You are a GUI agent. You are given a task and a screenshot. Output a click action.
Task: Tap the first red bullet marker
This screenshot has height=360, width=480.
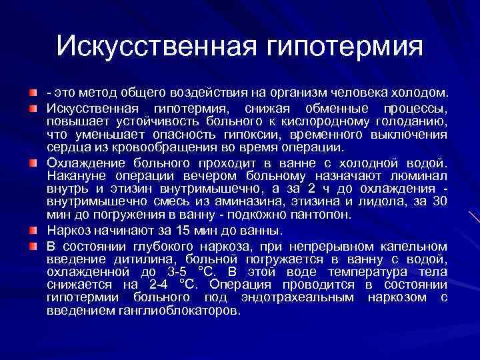pos(34,89)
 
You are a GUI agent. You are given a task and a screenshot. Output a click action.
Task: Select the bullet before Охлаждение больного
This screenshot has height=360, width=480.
pos(34,162)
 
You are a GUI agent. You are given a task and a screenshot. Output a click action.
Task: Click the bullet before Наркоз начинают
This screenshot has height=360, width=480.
pos(34,230)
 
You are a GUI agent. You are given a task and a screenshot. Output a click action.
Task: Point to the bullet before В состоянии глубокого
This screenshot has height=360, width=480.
pos(34,245)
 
